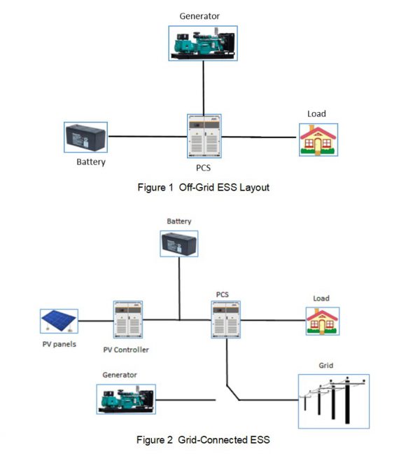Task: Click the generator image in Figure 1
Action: (x=203, y=42)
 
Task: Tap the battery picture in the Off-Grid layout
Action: (x=85, y=137)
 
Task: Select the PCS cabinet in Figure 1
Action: (x=203, y=137)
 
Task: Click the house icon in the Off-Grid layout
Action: (x=318, y=139)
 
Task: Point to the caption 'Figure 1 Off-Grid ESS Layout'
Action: (x=203, y=188)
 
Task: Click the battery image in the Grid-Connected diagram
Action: (x=179, y=244)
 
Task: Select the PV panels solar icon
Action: (x=59, y=321)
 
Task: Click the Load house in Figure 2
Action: (x=322, y=322)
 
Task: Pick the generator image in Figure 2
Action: (x=126, y=400)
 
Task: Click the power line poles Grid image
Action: (x=333, y=401)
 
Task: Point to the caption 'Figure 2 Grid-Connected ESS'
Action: (x=203, y=440)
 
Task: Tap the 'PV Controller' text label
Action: (x=126, y=349)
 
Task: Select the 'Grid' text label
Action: (x=325, y=366)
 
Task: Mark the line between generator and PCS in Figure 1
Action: (x=203, y=85)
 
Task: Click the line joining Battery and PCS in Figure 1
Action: (x=146, y=137)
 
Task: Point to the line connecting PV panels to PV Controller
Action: (x=94, y=321)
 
